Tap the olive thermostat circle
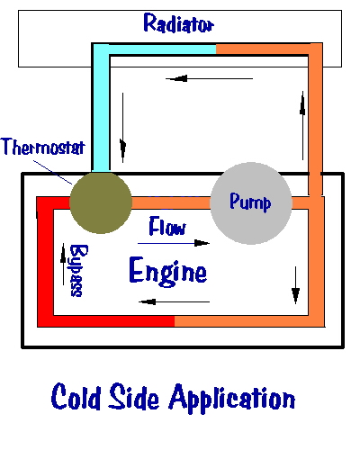tap(100, 200)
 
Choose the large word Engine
tap(169, 270)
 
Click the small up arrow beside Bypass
tap(62, 256)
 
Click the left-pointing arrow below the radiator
tap(191, 79)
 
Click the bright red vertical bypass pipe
tap(45, 261)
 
